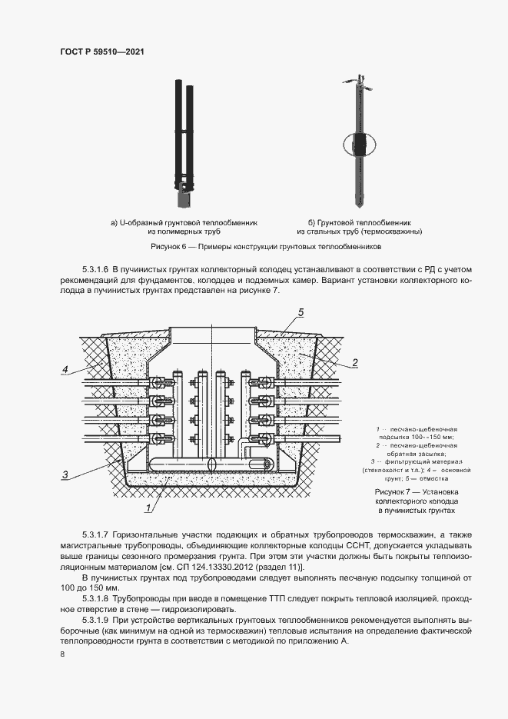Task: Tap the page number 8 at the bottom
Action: (x=62, y=654)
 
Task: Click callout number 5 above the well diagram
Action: (x=301, y=311)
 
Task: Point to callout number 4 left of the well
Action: (x=67, y=370)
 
